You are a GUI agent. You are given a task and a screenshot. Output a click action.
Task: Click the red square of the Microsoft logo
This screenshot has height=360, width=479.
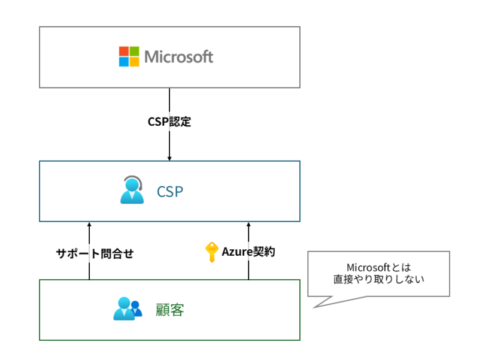[x=124, y=52]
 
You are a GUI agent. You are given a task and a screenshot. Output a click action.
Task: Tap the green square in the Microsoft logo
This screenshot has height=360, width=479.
[x=135, y=52]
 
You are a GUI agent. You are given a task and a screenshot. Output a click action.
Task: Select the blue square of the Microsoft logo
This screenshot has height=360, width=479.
[x=124, y=62]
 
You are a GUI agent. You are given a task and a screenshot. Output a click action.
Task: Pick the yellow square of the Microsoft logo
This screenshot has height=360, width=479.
[x=135, y=62]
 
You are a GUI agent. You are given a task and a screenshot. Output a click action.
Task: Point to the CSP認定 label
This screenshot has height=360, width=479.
[x=169, y=122]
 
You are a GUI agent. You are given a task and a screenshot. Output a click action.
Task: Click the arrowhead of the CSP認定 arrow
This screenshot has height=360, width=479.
[x=169, y=158]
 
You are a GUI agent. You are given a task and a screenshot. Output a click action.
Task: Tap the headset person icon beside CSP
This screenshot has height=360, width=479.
[x=132, y=190]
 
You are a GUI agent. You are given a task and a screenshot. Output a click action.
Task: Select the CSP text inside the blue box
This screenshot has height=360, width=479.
[x=169, y=192]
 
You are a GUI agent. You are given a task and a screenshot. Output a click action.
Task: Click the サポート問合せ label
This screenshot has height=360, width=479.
[x=95, y=253]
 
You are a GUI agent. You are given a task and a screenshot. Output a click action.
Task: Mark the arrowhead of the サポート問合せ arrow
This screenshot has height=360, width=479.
[x=89, y=224]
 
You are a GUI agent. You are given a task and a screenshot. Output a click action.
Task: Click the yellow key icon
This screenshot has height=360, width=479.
[x=211, y=252]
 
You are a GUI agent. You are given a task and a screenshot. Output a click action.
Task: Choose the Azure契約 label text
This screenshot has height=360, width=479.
[x=248, y=252]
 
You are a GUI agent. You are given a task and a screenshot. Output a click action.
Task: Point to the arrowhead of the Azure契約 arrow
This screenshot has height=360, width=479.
[x=248, y=224]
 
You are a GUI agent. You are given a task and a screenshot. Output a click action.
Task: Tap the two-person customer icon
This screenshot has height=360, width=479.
[x=128, y=309]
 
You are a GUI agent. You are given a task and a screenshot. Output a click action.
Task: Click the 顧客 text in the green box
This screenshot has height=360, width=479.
[x=169, y=310]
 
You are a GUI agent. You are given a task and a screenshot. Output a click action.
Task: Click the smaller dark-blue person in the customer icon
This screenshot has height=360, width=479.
[x=137, y=310]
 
